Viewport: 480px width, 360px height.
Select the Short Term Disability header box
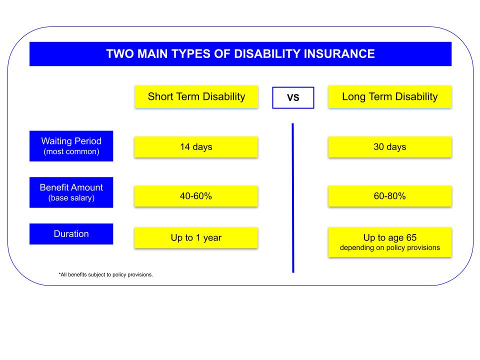196,96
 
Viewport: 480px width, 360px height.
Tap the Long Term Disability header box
389,96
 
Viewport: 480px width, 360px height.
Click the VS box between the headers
293,97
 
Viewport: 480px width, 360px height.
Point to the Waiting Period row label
71,146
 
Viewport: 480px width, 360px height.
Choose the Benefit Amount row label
71,192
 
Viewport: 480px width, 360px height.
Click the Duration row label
71,234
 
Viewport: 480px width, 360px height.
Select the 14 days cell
196,147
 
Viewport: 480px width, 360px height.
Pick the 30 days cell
389,147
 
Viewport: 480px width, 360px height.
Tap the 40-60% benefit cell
196,196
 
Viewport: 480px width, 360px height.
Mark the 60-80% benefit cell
389,196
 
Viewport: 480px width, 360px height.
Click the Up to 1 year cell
196,237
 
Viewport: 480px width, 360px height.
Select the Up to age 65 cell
389,242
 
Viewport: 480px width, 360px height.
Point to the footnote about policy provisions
105,274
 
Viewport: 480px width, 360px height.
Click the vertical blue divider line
293,198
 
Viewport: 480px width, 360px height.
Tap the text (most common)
71,151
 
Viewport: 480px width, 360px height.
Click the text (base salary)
71,198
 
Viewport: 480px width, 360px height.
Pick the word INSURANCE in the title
339,54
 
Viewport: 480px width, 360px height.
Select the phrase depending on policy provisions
389,247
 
